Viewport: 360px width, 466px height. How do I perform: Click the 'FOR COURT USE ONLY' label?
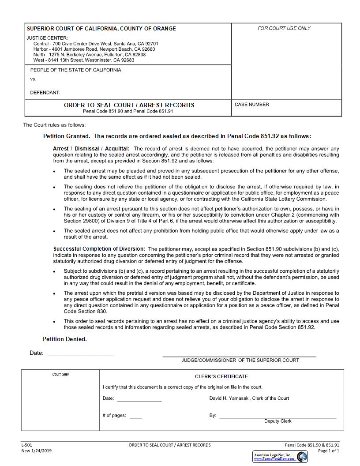click(284, 28)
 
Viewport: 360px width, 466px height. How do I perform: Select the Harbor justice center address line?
click(94, 49)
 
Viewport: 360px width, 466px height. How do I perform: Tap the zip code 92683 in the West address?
click(127, 60)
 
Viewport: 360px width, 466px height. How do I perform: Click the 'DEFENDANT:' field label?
click(45, 93)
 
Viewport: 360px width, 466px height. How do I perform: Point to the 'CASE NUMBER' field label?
click(251, 105)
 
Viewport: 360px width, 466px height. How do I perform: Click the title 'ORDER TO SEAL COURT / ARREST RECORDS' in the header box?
click(129, 105)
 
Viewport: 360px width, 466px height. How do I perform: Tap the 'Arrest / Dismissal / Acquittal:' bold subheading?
click(91, 149)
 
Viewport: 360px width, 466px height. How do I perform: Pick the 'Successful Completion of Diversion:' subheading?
click(99, 249)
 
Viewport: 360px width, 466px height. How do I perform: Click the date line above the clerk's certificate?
click(81, 355)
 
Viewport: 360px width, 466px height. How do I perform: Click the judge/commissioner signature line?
click(239, 355)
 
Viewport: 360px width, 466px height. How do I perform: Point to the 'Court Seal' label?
click(60, 374)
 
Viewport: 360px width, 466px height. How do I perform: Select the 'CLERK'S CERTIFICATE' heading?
click(221, 376)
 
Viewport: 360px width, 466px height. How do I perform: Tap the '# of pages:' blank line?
click(136, 417)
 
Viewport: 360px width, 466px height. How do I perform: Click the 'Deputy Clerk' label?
click(277, 421)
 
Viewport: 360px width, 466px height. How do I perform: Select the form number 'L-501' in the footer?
click(26, 445)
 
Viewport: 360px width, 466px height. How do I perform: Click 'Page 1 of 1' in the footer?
click(329, 451)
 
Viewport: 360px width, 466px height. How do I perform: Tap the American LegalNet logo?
click(280, 457)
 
